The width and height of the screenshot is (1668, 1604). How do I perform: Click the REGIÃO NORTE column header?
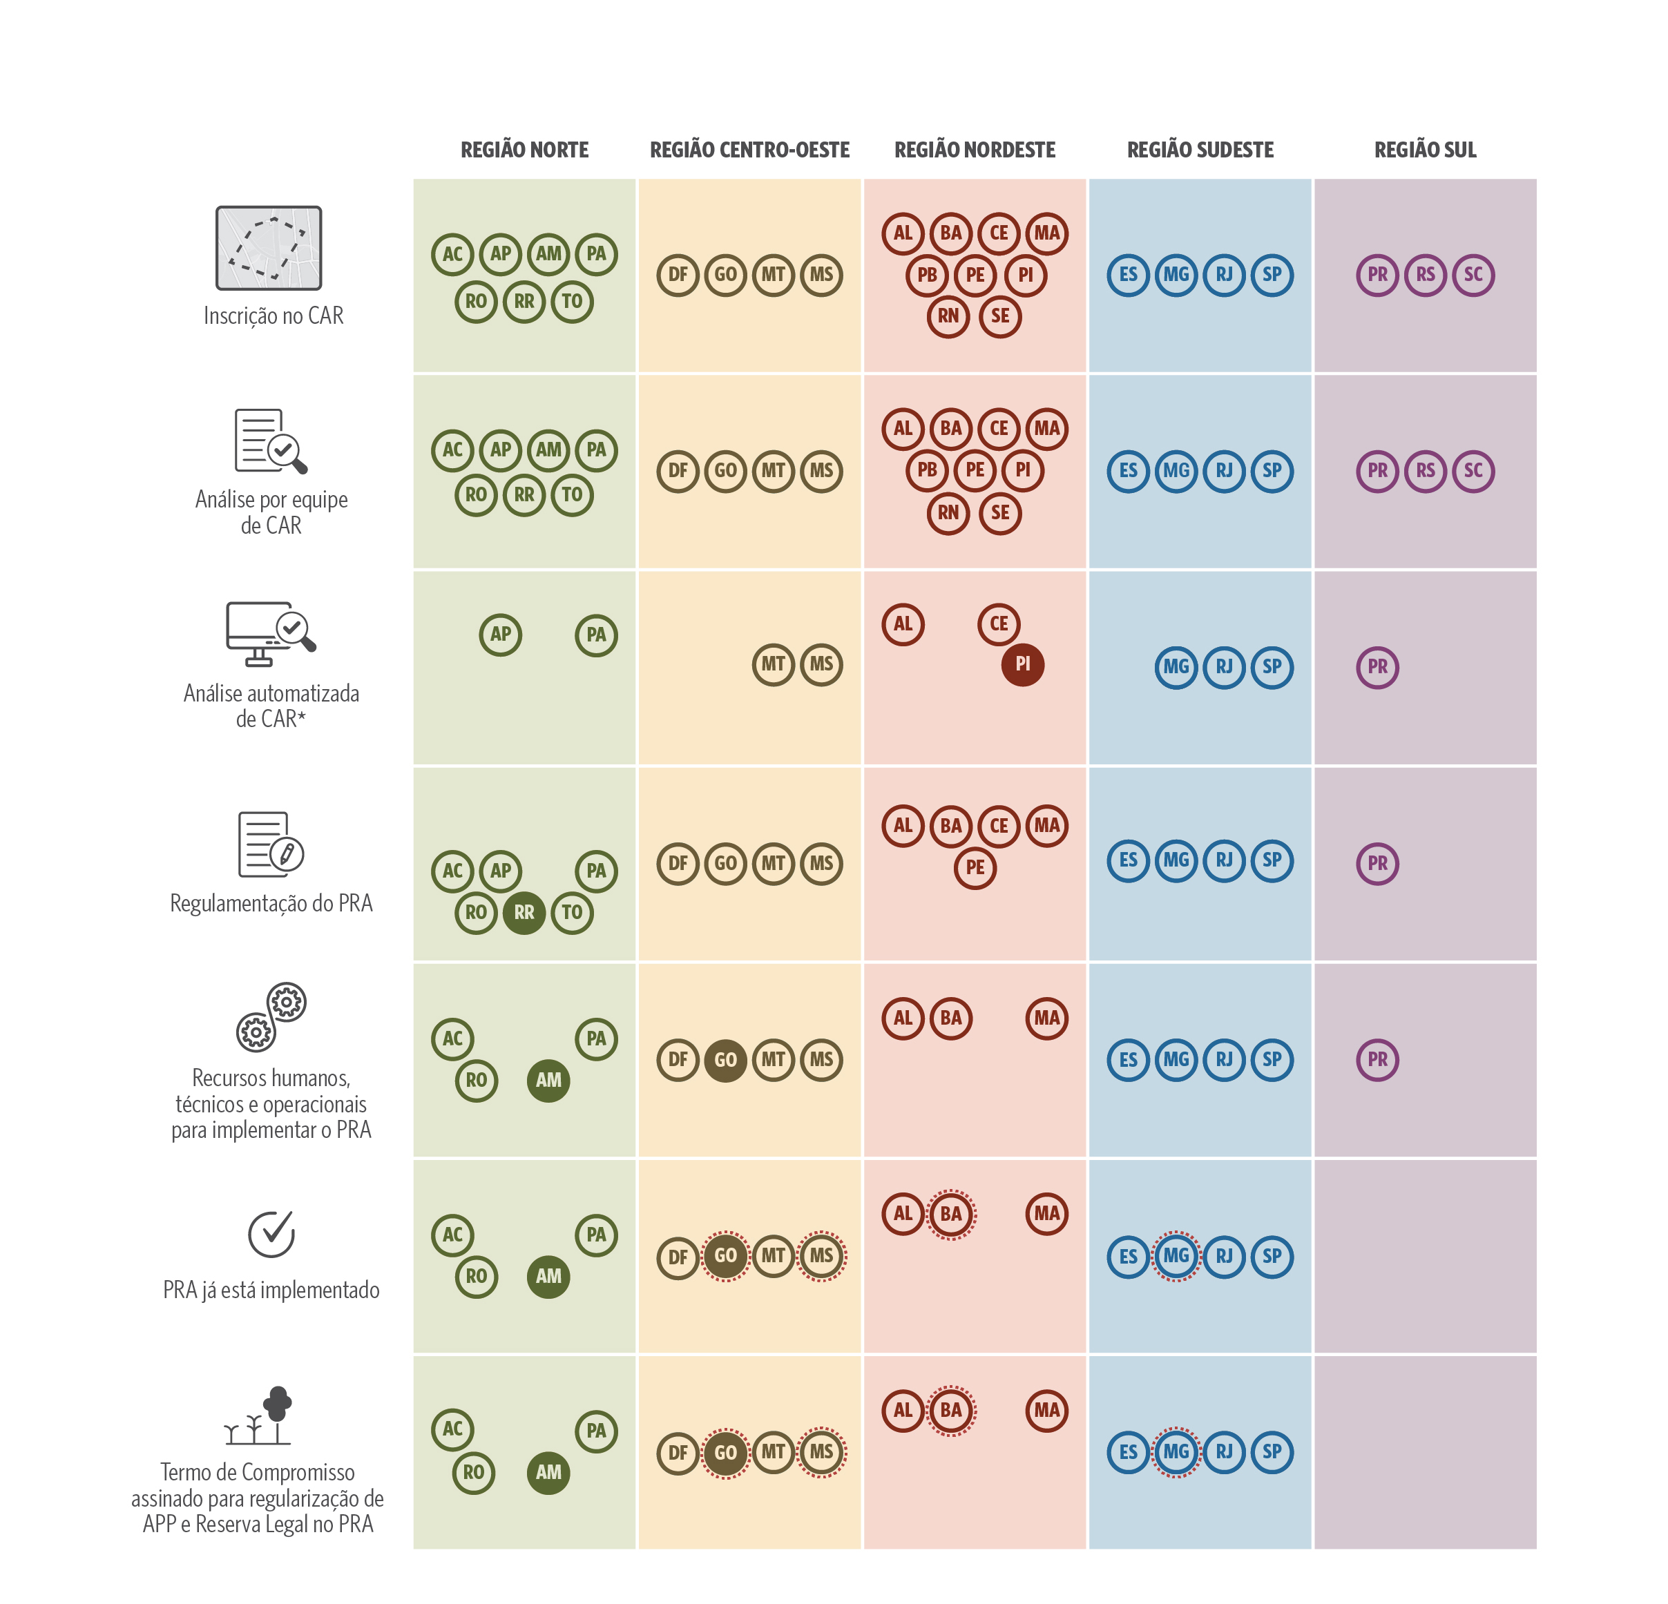point(524,150)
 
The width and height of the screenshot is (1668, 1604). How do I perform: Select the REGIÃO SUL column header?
point(1425,150)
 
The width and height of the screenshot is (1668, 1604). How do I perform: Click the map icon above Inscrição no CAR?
point(269,248)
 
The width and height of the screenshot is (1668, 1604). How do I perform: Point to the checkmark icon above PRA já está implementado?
point(271,1233)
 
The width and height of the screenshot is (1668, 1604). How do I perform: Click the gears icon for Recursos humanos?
point(271,1017)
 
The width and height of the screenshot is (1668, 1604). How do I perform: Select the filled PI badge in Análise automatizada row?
point(1022,664)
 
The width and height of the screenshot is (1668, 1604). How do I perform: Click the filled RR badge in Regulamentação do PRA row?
point(524,912)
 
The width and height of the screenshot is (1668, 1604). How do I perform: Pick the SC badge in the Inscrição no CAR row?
point(1473,275)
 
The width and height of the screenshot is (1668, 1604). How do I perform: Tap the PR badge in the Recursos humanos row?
point(1377,1059)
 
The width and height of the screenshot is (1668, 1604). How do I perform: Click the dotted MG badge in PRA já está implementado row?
point(1176,1255)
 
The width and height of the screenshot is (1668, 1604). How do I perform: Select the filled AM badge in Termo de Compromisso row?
point(548,1472)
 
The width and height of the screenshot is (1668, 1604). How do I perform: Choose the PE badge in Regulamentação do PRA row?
point(975,867)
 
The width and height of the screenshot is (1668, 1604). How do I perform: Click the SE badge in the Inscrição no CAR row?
point(1000,316)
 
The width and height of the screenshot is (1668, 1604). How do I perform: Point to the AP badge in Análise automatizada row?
point(500,634)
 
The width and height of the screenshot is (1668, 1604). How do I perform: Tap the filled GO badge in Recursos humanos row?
point(725,1059)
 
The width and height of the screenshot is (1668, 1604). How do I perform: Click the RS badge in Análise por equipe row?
point(1425,470)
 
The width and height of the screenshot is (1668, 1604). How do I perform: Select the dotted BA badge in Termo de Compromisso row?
point(950,1410)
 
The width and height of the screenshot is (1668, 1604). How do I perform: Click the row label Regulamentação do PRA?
point(271,903)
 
